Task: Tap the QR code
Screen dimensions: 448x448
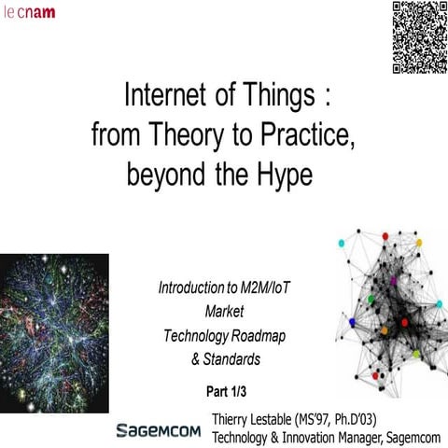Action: coord(416,37)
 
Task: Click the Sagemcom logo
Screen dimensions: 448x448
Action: coord(159,430)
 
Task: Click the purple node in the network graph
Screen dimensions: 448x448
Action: coord(394,280)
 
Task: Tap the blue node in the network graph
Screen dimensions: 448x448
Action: coord(352,322)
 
